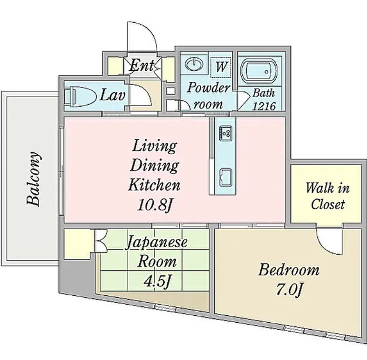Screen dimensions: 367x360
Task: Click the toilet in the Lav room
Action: point(80,95)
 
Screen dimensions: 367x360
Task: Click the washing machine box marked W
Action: point(221,67)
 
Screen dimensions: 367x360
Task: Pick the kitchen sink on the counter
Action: point(225,177)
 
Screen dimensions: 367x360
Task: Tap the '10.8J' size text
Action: point(155,205)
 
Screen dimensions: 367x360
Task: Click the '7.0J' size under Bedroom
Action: point(289,290)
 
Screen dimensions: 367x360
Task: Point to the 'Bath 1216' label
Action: point(264,100)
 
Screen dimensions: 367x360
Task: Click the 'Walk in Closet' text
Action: point(328,196)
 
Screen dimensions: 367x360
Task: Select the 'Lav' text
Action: point(112,95)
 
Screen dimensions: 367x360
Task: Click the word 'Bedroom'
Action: point(289,269)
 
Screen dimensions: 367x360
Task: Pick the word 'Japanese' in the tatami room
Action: point(157,242)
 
